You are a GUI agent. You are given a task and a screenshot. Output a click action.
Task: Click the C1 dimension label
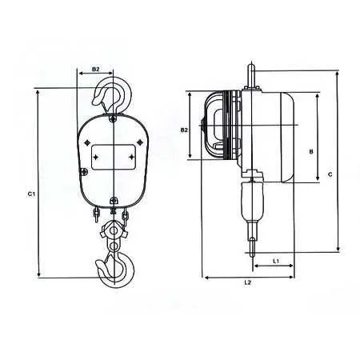pyautogui.click(x=31, y=194)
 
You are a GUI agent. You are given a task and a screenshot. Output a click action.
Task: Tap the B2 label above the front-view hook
pyautogui.click(x=96, y=69)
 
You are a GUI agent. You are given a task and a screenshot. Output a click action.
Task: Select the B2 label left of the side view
pyautogui.click(x=184, y=130)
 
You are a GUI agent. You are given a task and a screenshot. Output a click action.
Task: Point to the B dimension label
pyautogui.click(x=311, y=152)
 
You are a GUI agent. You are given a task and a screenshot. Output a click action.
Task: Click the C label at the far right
pyautogui.click(x=330, y=174)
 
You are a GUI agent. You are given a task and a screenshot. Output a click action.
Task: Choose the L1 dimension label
pyautogui.click(x=276, y=261)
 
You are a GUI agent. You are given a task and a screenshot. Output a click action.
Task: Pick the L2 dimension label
pyautogui.click(x=248, y=282)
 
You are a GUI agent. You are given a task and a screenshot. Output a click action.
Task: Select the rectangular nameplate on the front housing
pyautogui.click(x=113, y=157)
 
